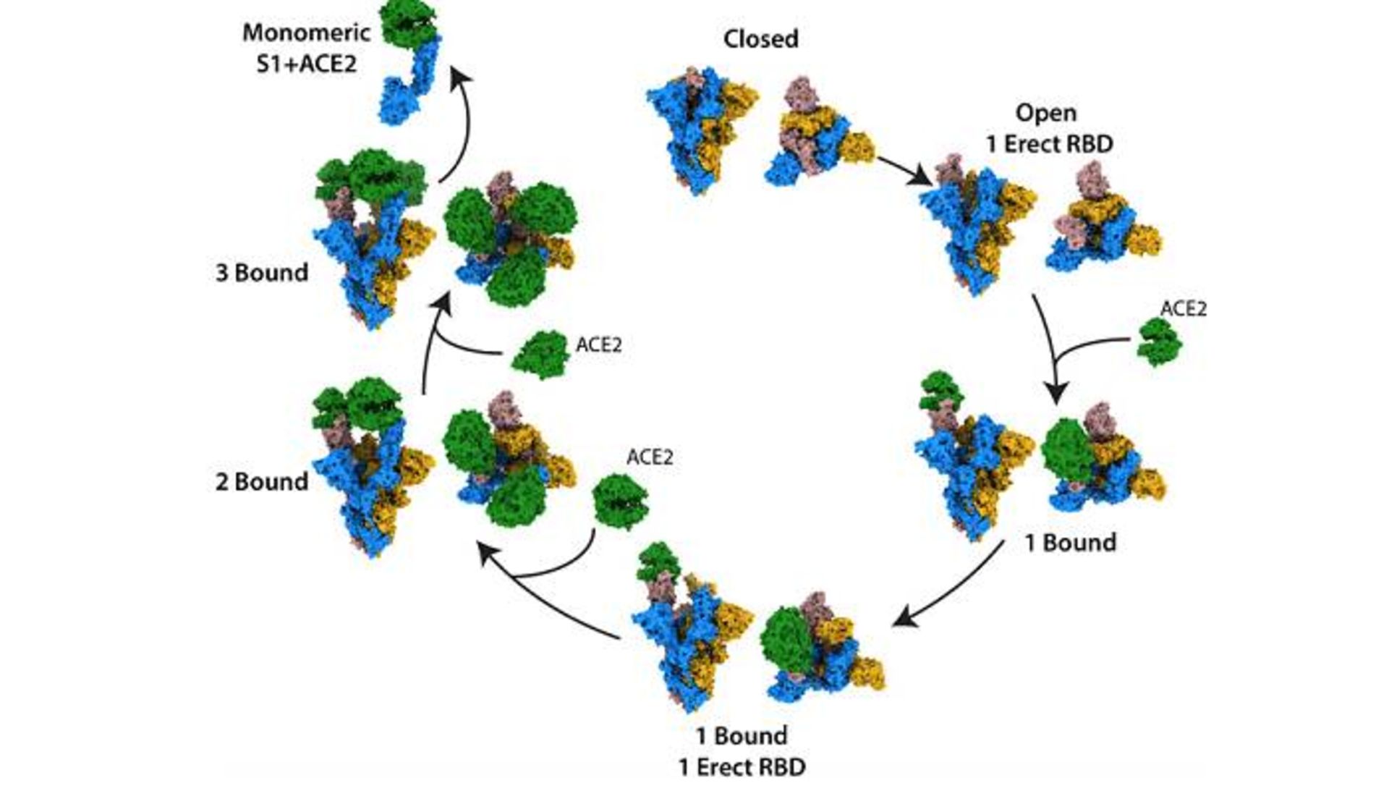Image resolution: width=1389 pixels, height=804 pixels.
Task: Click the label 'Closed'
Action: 760,39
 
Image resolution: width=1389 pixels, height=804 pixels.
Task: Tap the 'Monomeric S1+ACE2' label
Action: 306,48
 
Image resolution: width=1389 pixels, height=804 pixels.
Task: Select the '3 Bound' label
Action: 262,273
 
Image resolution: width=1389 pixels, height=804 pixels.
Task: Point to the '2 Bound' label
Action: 262,481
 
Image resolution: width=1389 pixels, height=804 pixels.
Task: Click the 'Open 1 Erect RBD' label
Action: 1049,128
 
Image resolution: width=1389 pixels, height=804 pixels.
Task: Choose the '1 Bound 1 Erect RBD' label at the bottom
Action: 742,751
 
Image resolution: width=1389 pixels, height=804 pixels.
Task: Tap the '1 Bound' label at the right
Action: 1071,542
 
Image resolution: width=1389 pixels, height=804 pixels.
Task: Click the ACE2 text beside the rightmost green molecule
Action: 1184,309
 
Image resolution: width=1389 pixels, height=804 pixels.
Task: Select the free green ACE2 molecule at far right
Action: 1160,342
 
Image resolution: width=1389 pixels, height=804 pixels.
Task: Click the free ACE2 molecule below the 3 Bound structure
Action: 540,354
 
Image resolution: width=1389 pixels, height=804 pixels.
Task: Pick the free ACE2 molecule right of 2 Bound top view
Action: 620,501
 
